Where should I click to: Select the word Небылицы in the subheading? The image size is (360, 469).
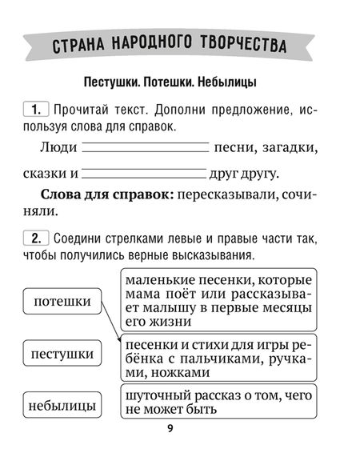pos(237,82)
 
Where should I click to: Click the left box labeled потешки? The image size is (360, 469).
pos(62,302)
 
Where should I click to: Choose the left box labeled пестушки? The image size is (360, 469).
pos(62,353)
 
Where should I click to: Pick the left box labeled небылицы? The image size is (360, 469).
pos(62,406)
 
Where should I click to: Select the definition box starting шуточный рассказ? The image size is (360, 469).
pos(218,403)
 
